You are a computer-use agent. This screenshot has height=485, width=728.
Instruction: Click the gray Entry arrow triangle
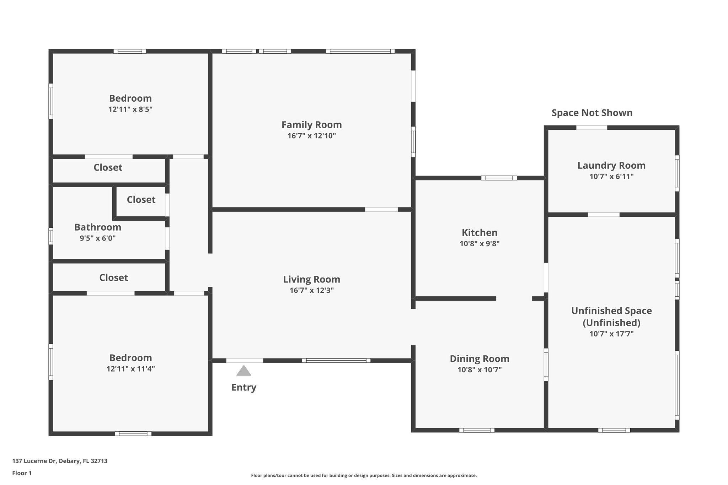tap(244, 371)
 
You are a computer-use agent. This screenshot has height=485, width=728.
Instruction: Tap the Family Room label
tap(311, 125)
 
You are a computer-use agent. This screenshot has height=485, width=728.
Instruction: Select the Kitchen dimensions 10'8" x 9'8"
tap(480, 244)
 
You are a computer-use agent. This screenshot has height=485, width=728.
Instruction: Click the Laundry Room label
tap(611, 166)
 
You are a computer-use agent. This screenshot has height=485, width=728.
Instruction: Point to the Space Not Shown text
tap(592, 113)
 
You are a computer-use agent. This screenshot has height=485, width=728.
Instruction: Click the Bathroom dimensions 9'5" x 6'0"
tap(98, 238)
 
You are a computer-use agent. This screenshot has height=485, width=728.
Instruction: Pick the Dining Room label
tap(480, 359)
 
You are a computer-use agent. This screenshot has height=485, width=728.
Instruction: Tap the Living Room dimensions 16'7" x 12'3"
tap(311, 290)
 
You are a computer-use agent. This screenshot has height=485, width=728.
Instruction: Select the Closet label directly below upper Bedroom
tap(108, 167)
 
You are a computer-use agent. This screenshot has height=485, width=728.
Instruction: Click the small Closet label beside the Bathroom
tap(141, 200)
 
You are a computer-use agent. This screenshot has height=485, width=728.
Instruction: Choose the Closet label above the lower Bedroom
tap(113, 277)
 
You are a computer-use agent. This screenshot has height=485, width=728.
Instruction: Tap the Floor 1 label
tap(22, 473)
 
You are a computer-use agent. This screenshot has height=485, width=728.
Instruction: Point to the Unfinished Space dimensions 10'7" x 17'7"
tap(611, 334)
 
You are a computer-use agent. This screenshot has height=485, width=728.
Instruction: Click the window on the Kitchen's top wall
tap(499, 178)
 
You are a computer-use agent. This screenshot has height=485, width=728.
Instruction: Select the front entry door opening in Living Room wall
tap(245, 360)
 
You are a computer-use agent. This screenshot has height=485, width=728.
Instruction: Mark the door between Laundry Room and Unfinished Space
tap(604, 215)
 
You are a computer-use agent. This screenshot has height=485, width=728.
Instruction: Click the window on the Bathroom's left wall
tap(51, 236)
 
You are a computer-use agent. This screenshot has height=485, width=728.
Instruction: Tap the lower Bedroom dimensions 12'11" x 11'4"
tap(130, 369)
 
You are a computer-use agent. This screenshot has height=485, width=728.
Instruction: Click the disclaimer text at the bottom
tap(364, 475)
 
